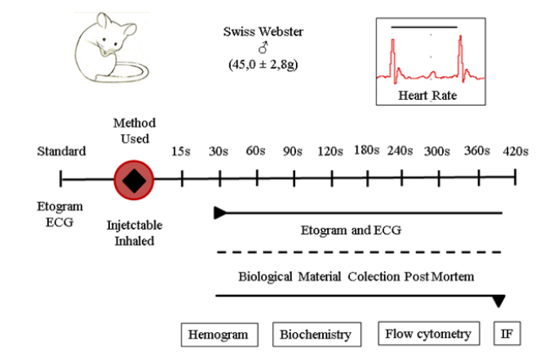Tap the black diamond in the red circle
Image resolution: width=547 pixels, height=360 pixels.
(133, 179)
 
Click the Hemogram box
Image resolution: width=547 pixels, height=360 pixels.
(218, 335)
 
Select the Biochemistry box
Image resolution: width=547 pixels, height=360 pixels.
(315, 335)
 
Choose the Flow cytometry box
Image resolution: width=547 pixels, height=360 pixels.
(429, 334)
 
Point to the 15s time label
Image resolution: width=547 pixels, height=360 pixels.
(181, 152)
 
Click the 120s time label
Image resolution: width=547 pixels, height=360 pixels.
(330, 152)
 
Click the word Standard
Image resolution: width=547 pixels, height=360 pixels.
(62, 151)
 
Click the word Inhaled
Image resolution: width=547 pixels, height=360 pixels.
(133, 240)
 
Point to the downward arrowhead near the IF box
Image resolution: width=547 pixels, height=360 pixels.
(500, 301)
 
